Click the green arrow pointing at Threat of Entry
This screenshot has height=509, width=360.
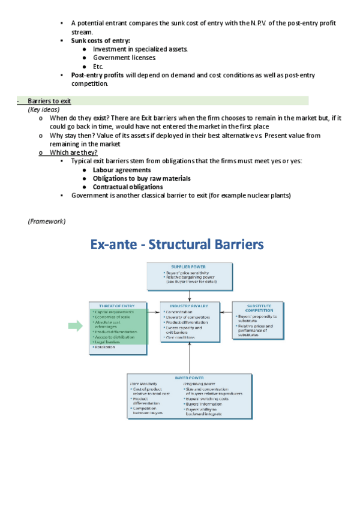75,326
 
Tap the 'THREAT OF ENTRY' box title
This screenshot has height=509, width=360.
117,306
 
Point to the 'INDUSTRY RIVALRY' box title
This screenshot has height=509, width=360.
189,306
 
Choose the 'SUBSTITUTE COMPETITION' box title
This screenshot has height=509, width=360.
256,308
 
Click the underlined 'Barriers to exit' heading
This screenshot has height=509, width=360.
49,101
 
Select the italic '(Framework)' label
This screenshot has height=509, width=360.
47,221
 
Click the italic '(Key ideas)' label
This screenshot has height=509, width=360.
44,110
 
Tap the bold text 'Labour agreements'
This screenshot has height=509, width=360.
122,170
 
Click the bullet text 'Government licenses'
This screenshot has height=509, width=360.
124,58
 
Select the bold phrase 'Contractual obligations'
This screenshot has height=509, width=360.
128,187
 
